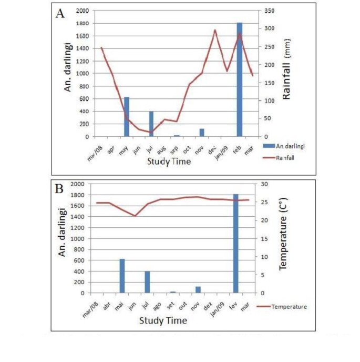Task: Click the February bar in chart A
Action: (240, 79)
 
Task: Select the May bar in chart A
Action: (126, 117)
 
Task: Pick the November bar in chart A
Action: (201, 133)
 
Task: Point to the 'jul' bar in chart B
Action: (148, 282)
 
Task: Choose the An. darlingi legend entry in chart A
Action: (287, 145)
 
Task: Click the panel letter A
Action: (60, 14)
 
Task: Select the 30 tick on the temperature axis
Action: (259, 184)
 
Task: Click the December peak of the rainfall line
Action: (214, 30)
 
